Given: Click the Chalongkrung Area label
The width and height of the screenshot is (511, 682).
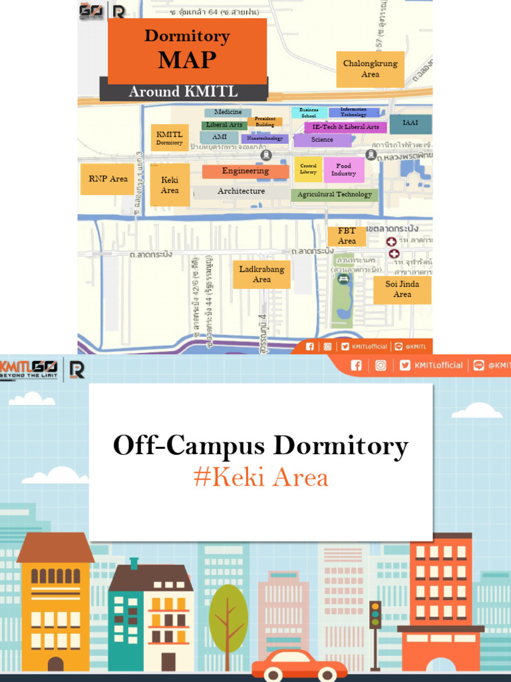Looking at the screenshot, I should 370,69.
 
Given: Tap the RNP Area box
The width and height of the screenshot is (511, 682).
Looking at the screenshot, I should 108,179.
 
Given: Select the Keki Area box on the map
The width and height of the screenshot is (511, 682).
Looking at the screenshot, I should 170,185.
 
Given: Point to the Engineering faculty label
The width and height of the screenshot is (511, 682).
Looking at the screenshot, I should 246,171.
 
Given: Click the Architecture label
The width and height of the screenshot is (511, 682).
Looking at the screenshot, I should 241,191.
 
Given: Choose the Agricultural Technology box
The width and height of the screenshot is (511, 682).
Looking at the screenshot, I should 334,194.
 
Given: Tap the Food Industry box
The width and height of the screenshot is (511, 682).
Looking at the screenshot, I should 343,170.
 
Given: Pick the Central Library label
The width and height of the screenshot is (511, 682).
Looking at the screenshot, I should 308,169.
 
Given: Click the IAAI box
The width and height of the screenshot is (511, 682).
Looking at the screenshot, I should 410,123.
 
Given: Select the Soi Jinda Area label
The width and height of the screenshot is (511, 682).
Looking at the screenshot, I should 402,289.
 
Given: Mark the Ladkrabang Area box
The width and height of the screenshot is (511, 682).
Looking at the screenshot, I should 261,274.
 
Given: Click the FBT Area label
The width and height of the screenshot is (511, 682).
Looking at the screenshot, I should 347,236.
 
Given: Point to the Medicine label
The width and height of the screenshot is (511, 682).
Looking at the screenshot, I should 228,113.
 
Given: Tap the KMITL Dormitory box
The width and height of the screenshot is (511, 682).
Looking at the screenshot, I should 170,138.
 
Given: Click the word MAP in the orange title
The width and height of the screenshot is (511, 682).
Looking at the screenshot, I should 187,60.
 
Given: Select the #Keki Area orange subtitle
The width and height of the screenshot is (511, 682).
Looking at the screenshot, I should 261,478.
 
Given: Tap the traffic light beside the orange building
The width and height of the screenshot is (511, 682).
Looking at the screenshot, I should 375,614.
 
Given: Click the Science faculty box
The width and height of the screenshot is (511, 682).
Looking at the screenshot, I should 322,140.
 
